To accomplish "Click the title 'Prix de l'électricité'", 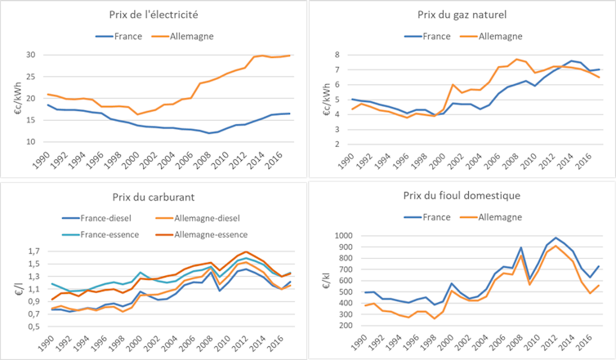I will pos(152,14).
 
